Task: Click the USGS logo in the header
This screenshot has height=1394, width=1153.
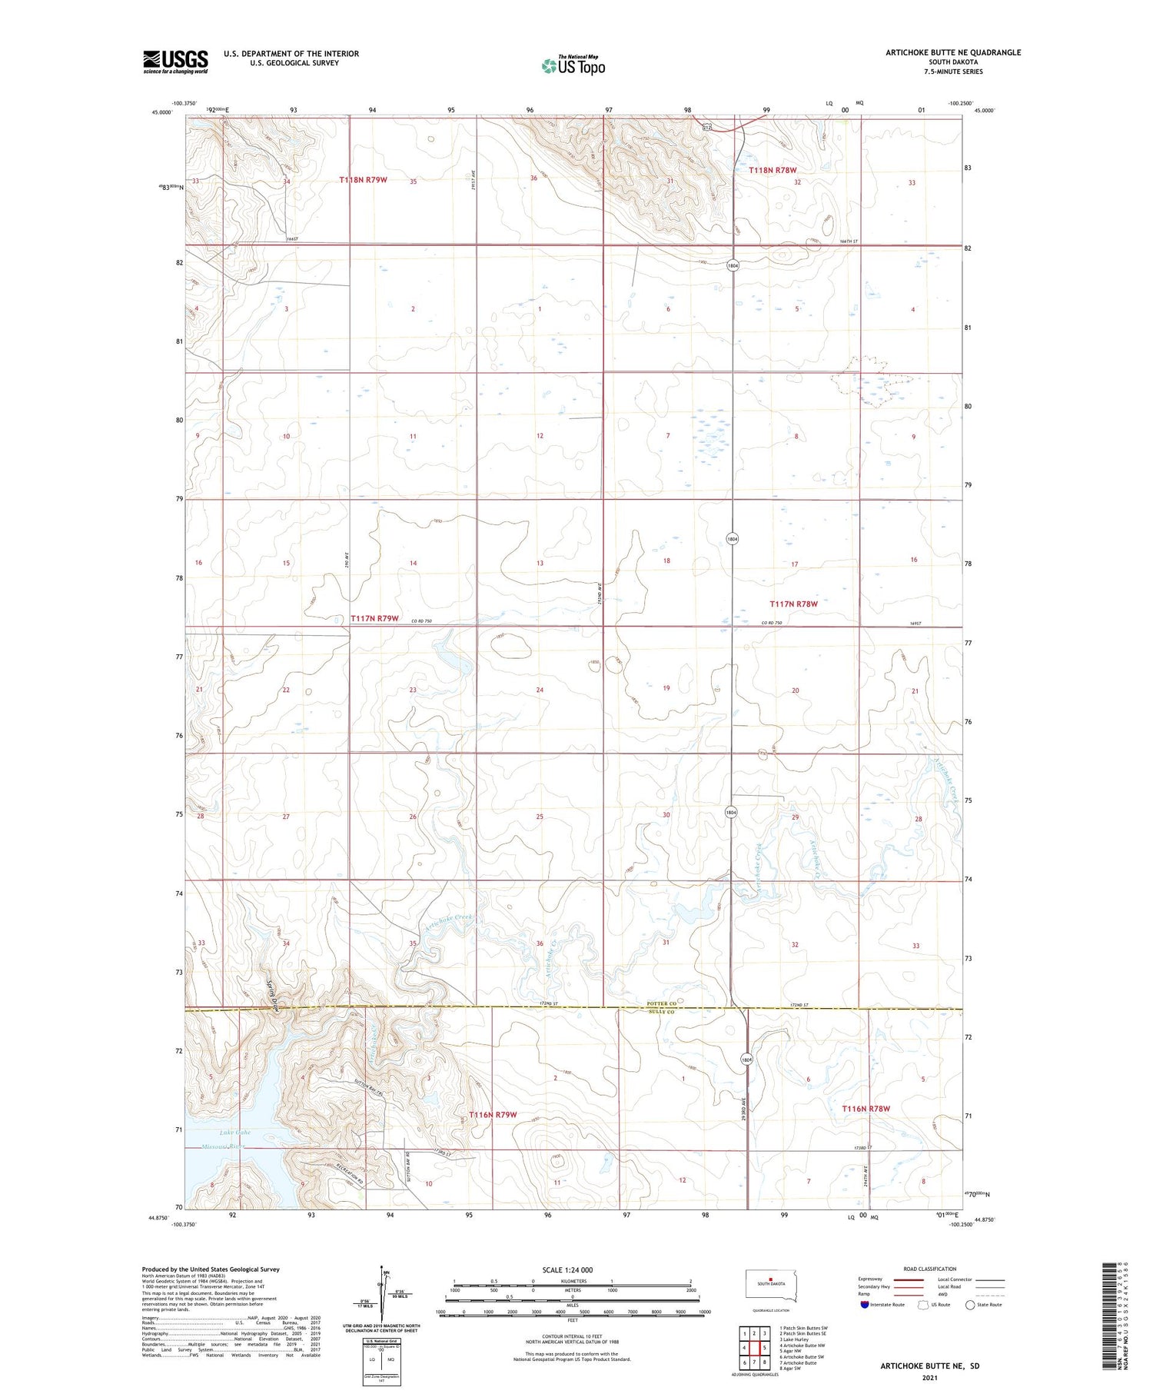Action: (175, 62)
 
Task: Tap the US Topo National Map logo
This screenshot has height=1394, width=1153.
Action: (573, 66)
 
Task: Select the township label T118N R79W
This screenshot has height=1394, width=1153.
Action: (363, 180)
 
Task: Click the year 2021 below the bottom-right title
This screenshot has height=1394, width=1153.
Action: (930, 1376)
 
